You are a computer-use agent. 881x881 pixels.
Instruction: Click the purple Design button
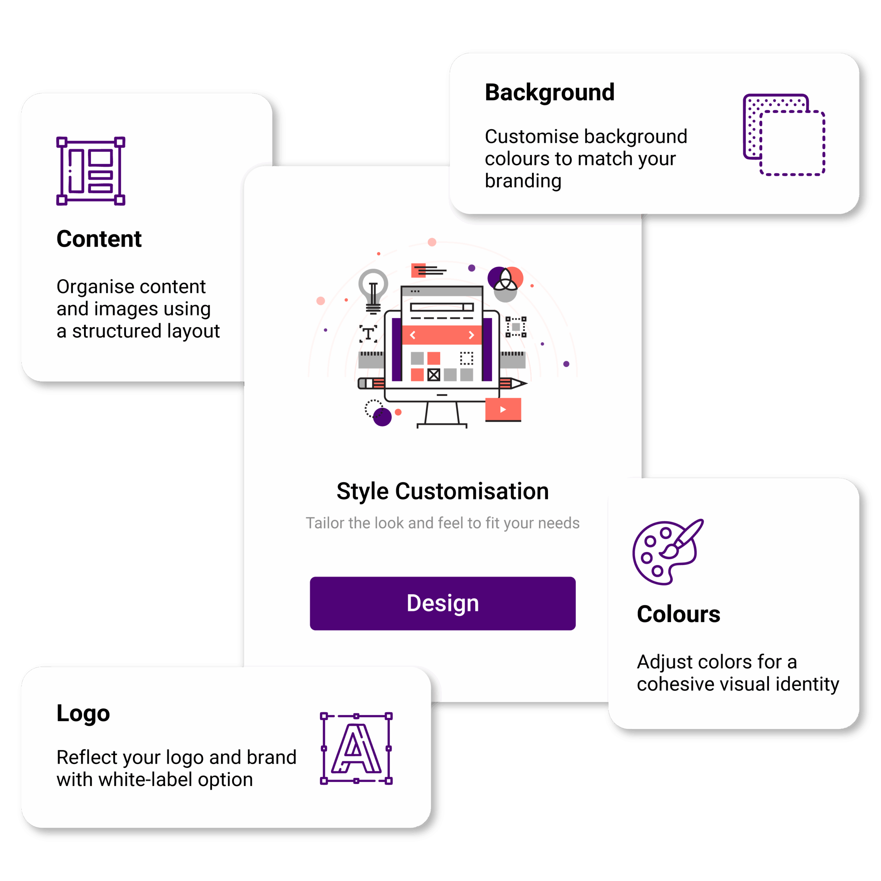click(x=442, y=603)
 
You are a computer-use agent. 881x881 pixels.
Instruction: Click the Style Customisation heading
click(x=442, y=491)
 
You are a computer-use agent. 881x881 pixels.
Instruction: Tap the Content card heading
click(x=99, y=239)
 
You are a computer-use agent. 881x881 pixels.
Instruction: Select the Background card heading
click(x=550, y=93)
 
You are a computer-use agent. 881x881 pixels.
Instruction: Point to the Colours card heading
click(x=678, y=614)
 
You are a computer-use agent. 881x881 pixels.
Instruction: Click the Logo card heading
click(x=83, y=713)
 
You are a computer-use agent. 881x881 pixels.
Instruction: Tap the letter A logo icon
click(x=356, y=748)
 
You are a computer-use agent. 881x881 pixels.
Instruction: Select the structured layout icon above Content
click(x=91, y=171)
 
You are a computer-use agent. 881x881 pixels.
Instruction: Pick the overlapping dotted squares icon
click(x=784, y=135)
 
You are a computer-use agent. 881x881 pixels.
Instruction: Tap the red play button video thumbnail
click(x=503, y=410)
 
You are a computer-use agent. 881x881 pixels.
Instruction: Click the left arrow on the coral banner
click(x=413, y=335)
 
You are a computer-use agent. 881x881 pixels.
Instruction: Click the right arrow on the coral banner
click(x=471, y=335)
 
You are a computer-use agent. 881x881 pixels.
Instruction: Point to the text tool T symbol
click(x=368, y=334)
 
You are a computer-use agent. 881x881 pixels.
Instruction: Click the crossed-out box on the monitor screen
click(x=434, y=375)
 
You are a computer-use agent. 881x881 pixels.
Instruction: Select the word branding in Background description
click(x=523, y=181)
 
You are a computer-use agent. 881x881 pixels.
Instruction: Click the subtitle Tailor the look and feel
click(x=442, y=523)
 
